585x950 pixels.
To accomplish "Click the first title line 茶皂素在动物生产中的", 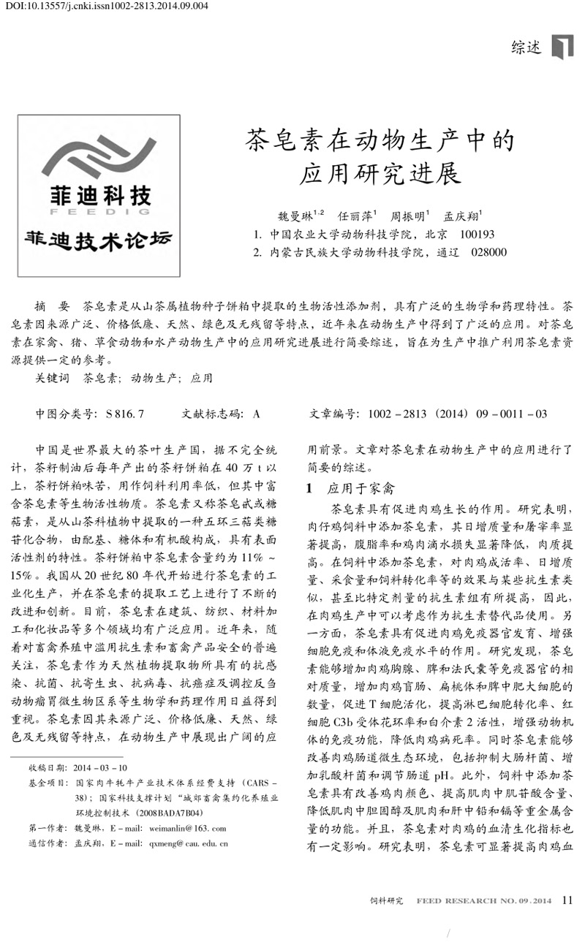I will pos(380,141).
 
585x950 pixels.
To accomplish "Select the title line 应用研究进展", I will pos(380,175).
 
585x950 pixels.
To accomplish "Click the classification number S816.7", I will pos(124,414).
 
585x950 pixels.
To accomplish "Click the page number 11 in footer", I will pos(567,900).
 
